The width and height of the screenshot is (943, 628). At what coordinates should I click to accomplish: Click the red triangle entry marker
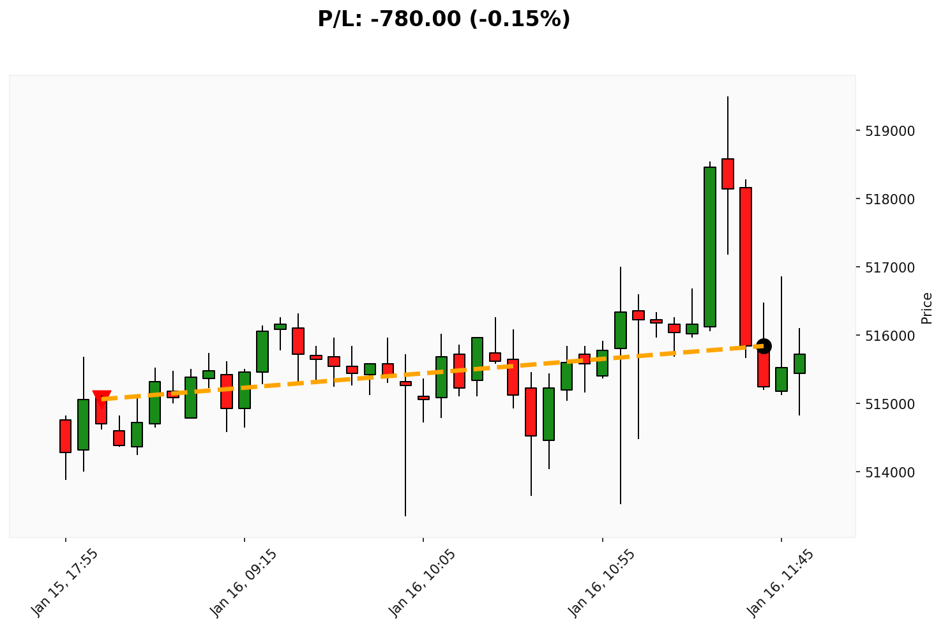pos(102,398)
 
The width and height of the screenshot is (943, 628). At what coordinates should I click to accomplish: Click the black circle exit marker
pos(764,346)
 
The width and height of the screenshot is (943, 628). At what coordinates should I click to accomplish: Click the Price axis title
pos(927,308)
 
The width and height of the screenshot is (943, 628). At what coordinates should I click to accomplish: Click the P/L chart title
pos(444,19)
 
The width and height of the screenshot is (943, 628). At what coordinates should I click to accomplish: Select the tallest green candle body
pos(710,247)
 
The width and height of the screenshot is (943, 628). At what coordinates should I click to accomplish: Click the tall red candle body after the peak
pos(746,267)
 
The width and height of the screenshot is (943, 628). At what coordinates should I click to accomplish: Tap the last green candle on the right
pos(799,364)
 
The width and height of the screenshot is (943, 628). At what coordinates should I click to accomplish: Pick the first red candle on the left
pos(65,436)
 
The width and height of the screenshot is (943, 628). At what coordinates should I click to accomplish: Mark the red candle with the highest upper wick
pos(728,174)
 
